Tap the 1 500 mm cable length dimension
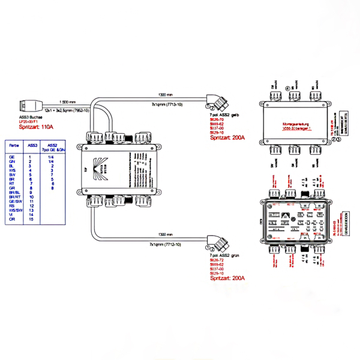click(x=67, y=102)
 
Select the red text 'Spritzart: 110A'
click(x=36, y=127)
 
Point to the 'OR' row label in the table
click(x=12, y=219)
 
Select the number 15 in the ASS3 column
click(x=31, y=219)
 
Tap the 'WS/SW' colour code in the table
click(x=14, y=210)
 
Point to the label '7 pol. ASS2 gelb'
click(x=226, y=115)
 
